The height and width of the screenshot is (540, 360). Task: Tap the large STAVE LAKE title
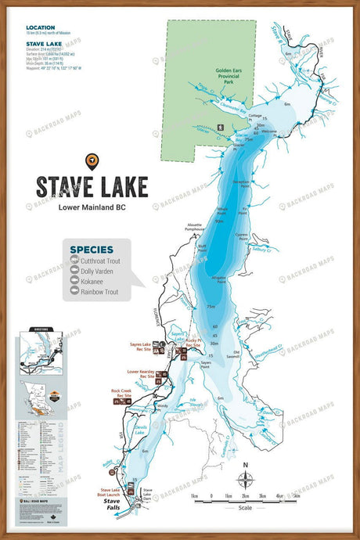pos(91,186)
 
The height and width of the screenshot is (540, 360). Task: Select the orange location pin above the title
pos(92,160)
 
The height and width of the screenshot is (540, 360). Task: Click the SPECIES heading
pos(92,249)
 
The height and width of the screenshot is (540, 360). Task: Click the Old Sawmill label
pos(232,354)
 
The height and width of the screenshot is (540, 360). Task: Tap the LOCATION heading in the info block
pos(40,27)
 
